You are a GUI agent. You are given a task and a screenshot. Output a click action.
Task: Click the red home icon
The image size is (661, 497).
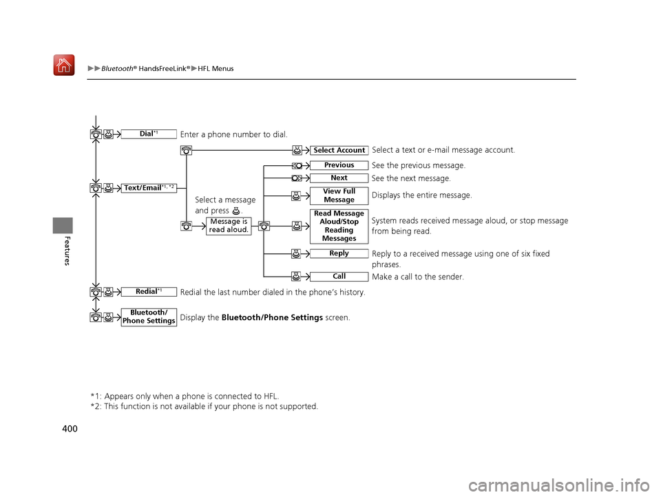[x=64, y=66]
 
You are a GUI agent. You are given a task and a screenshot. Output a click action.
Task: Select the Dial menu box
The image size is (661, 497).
[x=149, y=134]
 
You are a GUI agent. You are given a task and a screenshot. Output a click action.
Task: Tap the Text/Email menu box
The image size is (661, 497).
[x=149, y=188]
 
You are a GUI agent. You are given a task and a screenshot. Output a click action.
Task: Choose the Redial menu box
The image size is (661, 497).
[x=149, y=292]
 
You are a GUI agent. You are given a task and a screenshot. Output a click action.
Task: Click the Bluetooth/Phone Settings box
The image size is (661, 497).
[x=149, y=317]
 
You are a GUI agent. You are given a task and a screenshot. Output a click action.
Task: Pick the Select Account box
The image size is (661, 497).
[x=339, y=151]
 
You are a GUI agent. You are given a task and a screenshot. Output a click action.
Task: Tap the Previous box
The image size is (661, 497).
[x=339, y=165]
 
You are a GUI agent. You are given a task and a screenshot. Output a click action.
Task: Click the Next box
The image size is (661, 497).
[x=339, y=178]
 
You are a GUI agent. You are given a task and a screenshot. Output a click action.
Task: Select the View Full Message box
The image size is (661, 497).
[x=339, y=195]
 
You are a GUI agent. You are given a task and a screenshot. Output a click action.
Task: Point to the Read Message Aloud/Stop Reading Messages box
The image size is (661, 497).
[x=339, y=226]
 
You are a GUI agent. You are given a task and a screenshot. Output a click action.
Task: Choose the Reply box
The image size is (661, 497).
[x=339, y=254]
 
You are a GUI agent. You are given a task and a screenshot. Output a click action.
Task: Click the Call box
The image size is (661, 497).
[x=339, y=277]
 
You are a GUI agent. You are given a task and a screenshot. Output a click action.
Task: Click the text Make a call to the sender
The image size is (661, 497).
[x=417, y=277]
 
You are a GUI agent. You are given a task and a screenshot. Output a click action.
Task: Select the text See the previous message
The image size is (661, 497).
[x=418, y=166]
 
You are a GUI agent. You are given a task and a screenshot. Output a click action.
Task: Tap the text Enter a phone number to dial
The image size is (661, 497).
[x=233, y=134]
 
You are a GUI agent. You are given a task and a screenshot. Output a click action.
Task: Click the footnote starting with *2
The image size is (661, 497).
[x=204, y=406]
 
